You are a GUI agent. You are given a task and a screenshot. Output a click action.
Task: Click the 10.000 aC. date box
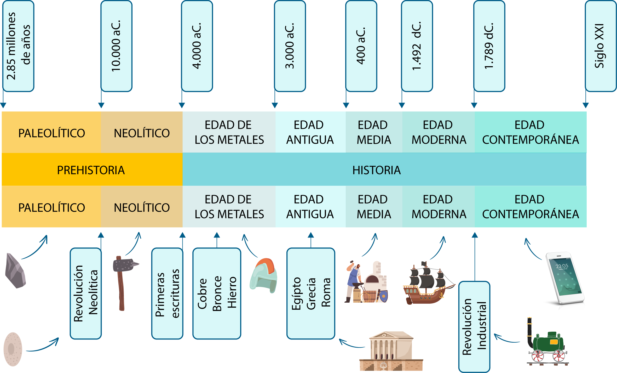pyautogui.click(x=117, y=46)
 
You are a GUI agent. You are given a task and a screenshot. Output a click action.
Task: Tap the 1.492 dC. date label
pyautogui.click(x=417, y=46)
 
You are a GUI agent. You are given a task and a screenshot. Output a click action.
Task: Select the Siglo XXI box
pyautogui.click(x=601, y=46)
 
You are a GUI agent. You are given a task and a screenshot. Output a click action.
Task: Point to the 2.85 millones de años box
pyautogui.click(x=18, y=46)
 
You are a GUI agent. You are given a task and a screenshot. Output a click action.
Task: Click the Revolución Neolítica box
pyautogui.click(x=86, y=293)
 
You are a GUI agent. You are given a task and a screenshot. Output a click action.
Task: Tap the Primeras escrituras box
pyautogui.click(x=167, y=293)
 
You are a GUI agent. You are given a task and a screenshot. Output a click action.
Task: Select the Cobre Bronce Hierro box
pyautogui.click(x=217, y=293)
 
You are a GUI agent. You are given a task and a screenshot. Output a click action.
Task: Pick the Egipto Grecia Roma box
pyautogui.click(x=311, y=293)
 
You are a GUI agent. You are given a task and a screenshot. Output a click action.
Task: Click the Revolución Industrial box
pyautogui.click(x=474, y=327)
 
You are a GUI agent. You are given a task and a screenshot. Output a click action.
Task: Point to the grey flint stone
pyautogui.click(x=15, y=271)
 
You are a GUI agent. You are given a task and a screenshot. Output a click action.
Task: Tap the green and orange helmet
pyautogui.click(x=263, y=275)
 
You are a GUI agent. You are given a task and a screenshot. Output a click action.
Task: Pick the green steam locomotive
pyautogui.click(x=548, y=341)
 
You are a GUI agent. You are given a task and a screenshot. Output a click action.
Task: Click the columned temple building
pyautogui.click(x=391, y=351)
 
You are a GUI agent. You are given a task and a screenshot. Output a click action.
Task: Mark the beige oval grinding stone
pyautogui.click(x=13, y=349)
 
